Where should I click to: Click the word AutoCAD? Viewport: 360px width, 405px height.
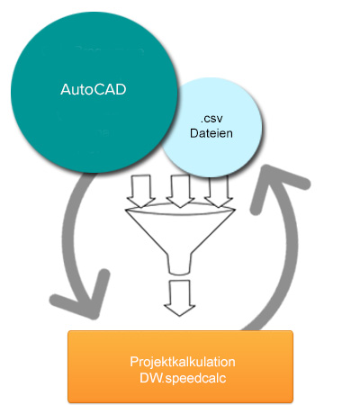click(94, 89)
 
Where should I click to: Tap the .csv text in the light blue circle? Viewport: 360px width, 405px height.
click(211, 119)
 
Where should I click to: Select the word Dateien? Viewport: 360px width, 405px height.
click(211, 133)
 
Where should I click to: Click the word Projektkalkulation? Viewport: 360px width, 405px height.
click(183, 362)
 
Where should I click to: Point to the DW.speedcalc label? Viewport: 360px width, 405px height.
click(183, 378)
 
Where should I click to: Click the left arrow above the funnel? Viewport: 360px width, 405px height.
click(140, 191)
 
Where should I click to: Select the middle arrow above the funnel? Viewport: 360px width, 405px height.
click(180, 191)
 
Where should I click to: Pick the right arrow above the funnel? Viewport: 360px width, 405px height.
click(219, 192)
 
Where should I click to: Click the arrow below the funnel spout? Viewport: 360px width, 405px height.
click(180, 298)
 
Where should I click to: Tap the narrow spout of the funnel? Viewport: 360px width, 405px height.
click(180, 265)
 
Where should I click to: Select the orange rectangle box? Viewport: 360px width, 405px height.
click(180, 366)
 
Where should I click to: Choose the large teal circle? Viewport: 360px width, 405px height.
click(94, 92)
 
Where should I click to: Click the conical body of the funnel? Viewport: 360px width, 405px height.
click(180, 232)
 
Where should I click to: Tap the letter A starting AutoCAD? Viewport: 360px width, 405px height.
click(66, 89)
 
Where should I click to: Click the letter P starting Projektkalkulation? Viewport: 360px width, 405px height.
click(133, 362)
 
